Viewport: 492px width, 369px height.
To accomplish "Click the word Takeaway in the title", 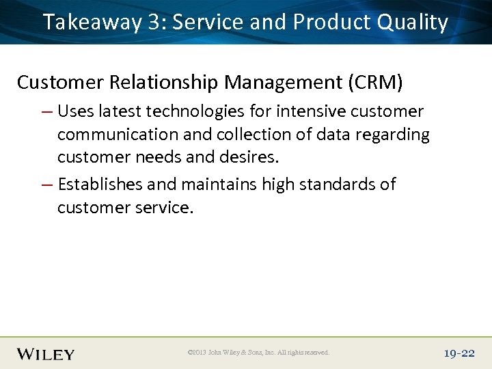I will click(91, 23).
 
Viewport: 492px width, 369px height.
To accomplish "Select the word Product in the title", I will click(331, 23).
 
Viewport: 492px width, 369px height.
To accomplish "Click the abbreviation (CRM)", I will click(376, 83).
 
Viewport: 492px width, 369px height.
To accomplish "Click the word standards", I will click(333, 184).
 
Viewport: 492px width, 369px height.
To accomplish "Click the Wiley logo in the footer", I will click(46, 353).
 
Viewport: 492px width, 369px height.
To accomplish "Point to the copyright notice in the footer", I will click(258, 353).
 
